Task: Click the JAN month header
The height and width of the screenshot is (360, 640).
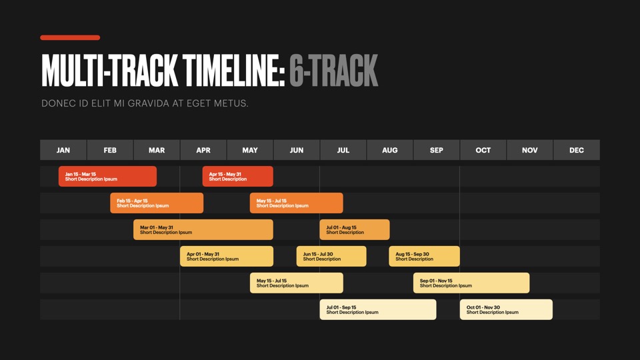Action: (63, 150)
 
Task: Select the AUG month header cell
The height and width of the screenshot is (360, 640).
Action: (390, 150)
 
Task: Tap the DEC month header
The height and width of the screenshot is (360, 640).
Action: (576, 150)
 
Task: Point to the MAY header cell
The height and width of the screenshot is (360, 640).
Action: (250, 150)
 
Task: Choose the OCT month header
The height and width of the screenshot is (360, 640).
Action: (483, 150)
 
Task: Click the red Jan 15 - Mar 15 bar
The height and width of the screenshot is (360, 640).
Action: (107, 176)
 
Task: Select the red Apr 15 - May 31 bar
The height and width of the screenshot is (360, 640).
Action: (237, 176)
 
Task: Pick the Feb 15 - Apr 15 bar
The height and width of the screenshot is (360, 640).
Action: (157, 203)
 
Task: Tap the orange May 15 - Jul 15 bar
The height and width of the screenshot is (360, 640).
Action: (296, 203)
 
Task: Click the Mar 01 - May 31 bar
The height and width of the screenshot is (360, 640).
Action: (203, 229)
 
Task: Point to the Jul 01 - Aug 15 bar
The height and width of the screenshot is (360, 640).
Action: (355, 229)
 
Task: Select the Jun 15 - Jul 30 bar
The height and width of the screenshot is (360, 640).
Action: (331, 256)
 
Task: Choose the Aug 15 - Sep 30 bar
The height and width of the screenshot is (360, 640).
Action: (424, 256)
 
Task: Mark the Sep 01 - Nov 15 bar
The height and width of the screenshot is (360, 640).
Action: (471, 283)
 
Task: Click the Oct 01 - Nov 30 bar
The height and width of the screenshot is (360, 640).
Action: (506, 309)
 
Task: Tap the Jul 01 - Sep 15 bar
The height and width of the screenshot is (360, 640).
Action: (378, 309)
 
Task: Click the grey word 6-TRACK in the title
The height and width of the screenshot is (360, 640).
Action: (334, 71)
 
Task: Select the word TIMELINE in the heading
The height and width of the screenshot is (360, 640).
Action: (233, 71)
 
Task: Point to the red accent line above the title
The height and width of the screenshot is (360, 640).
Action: (70, 37)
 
